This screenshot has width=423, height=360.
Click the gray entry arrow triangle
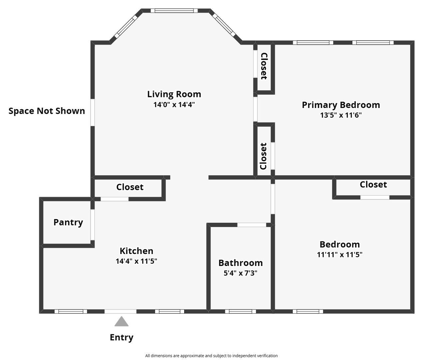122,322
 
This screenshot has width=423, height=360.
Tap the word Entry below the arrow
122,337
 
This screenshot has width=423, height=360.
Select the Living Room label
174,94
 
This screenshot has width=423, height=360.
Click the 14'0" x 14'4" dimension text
174,105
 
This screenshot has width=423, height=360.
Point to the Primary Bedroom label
341,105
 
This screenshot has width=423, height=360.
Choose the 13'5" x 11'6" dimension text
341,115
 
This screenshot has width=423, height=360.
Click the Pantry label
68,222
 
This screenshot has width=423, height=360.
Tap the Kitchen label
136,251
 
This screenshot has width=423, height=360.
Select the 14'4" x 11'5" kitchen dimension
136,261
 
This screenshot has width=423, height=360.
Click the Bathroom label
240,263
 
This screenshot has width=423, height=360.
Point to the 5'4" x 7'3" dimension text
240,273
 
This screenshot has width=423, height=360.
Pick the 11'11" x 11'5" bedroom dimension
340,255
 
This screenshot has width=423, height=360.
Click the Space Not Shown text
47,111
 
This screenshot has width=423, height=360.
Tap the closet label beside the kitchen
130,187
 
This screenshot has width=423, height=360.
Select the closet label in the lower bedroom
373,184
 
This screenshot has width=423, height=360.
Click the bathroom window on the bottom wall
240,311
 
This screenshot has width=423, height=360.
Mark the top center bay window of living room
174,11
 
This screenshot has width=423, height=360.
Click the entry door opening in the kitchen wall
121,311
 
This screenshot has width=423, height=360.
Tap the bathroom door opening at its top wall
251,225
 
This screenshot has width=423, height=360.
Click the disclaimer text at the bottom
211,356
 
